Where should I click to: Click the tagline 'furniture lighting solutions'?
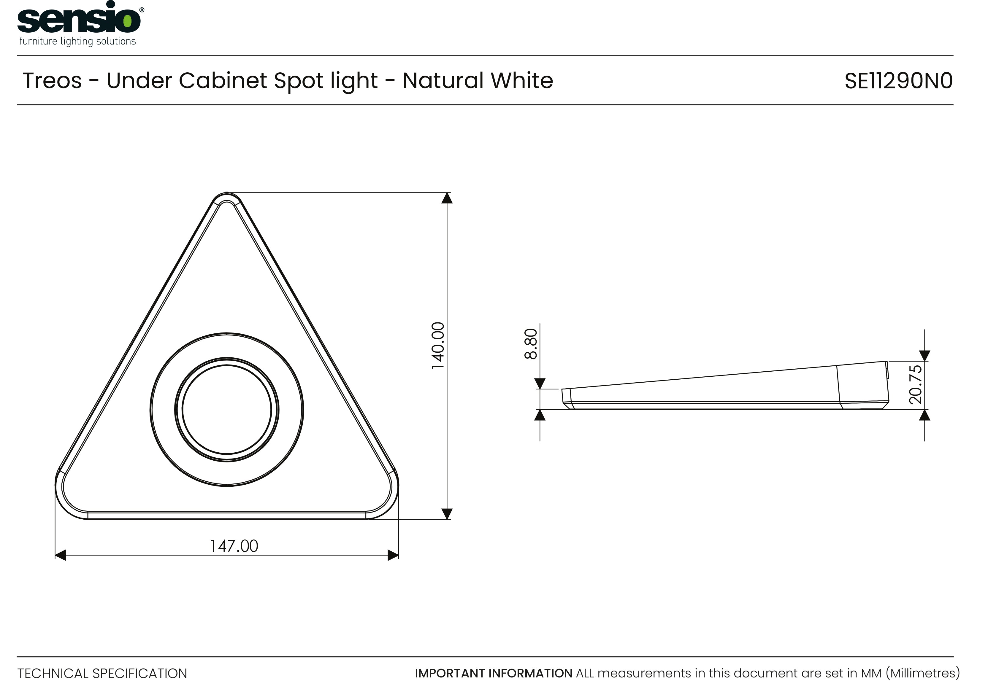(x=77, y=42)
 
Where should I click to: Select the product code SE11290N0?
(x=899, y=81)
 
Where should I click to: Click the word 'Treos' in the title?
(x=52, y=81)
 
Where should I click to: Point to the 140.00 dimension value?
(x=438, y=346)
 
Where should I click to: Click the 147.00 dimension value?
(x=234, y=546)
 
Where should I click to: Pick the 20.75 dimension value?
(x=916, y=385)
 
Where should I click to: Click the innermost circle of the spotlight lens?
(x=227, y=410)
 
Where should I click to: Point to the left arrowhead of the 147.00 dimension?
(x=61, y=555)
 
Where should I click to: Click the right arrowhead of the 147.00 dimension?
(x=393, y=555)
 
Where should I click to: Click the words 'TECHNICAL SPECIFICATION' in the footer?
(x=102, y=673)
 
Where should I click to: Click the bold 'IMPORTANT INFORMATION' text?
(x=494, y=673)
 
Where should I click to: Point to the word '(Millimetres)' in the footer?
(x=923, y=673)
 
